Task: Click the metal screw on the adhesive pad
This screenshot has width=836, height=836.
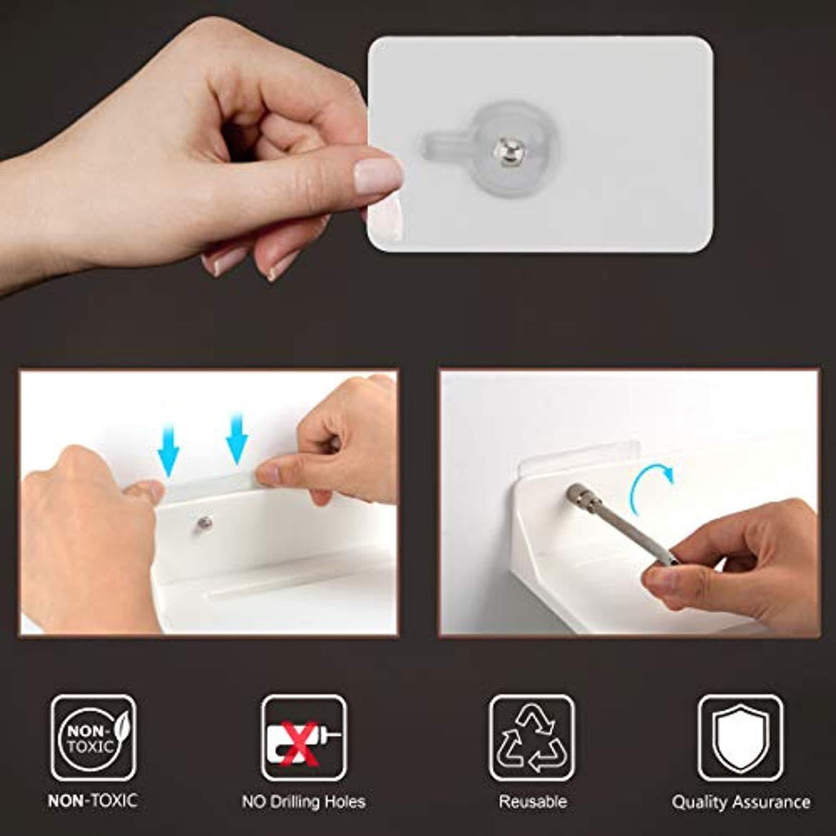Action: pyautogui.click(x=509, y=150)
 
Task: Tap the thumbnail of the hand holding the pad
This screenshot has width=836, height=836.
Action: pyautogui.click(x=378, y=176)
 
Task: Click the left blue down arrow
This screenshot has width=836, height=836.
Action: pyautogui.click(x=168, y=451)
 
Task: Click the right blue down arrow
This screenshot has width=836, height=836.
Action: pyautogui.click(x=237, y=438)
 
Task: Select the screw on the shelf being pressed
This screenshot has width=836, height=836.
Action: pyautogui.click(x=202, y=523)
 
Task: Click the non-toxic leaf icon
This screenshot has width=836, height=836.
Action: pyautogui.click(x=93, y=738)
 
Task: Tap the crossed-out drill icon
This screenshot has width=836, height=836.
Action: pyautogui.click(x=304, y=738)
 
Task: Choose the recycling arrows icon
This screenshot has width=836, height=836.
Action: pyautogui.click(x=531, y=738)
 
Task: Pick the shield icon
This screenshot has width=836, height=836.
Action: pyautogui.click(x=740, y=738)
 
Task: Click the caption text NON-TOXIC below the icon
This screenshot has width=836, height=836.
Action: pyautogui.click(x=93, y=801)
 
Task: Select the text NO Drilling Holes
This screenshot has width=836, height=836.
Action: pyautogui.click(x=304, y=802)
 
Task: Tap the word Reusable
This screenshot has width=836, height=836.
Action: pyautogui.click(x=532, y=802)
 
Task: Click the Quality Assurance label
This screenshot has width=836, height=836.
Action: pyautogui.click(x=741, y=802)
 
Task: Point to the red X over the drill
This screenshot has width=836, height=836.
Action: pyautogui.click(x=299, y=742)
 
